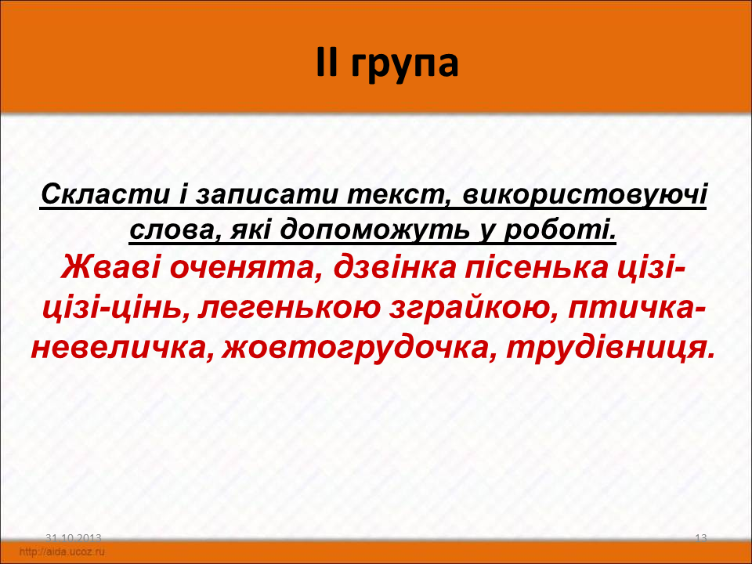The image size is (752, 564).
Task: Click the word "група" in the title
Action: pos(404,65)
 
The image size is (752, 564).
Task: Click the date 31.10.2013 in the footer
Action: pos(74,538)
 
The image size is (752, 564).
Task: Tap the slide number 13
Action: pos(700,538)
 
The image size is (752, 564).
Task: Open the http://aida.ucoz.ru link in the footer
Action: pos(62,551)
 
